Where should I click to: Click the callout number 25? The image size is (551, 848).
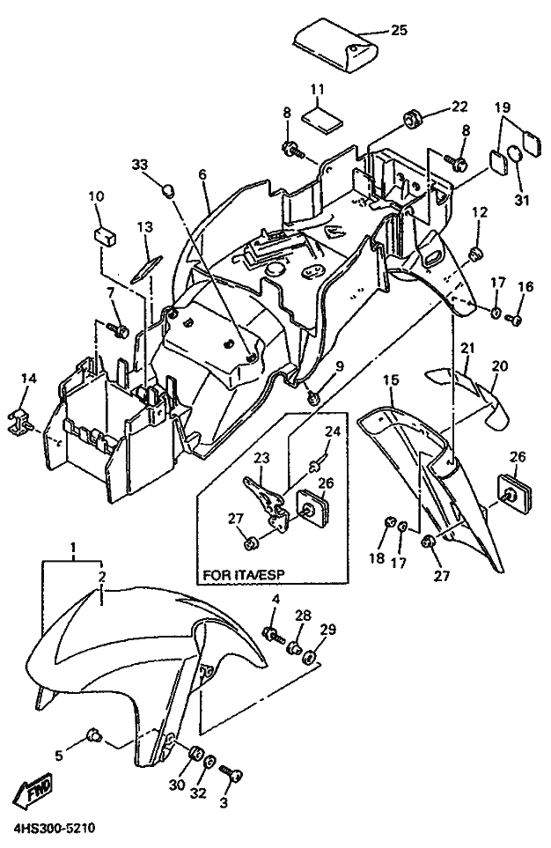(399, 30)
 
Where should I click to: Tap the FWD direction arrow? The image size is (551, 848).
(34, 791)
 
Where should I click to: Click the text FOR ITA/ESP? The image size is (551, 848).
(243, 575)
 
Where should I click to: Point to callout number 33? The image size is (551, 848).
(139, 164)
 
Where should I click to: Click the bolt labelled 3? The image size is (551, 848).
(233, 776)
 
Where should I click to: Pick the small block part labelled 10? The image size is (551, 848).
(105, 236)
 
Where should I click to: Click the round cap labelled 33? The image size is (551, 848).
(170, 190)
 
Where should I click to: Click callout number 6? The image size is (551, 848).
(202, 174)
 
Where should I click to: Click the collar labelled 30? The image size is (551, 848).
(195, 753)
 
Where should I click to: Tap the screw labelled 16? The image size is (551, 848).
(512, 320)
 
